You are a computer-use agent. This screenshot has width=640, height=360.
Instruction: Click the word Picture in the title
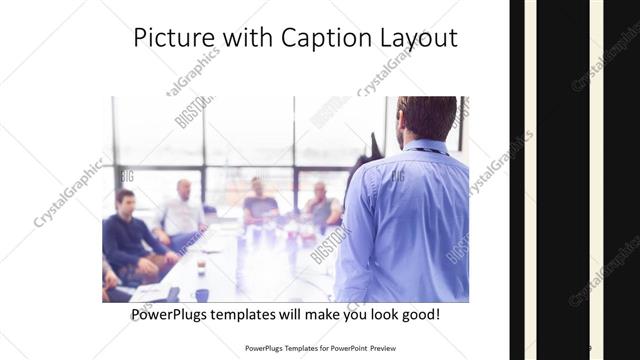(x=169, y=38)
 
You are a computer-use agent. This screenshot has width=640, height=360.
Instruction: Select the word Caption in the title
(x=314, y=38)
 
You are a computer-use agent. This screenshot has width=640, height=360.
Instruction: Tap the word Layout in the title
(x=413, y=38)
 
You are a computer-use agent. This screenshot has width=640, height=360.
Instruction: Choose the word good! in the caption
(x=417, y=315)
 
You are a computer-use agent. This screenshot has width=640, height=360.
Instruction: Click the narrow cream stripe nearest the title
(x=530, y=180)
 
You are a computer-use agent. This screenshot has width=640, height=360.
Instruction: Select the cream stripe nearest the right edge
(x=596, y=180)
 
